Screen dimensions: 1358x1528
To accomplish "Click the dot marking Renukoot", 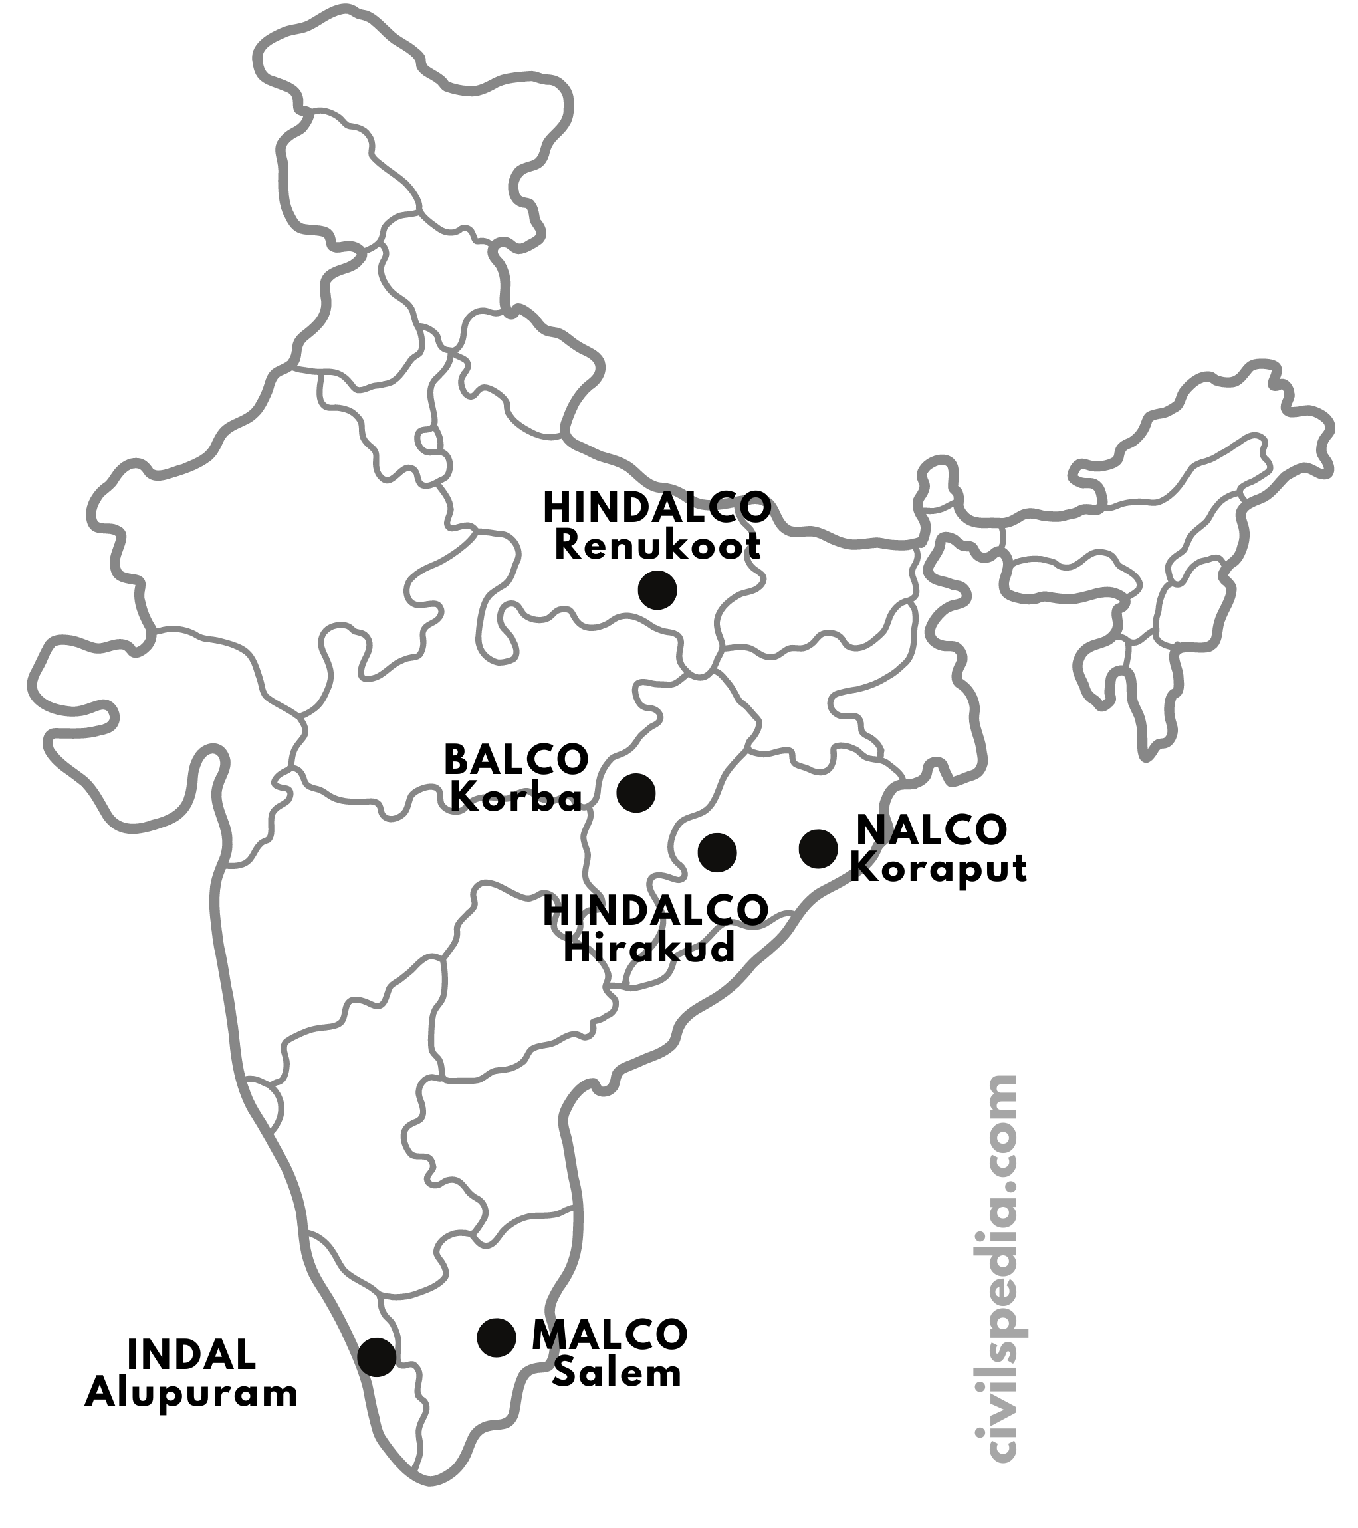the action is pyautogui.click(x=657, y=590).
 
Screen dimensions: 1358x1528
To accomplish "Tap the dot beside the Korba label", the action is pyautogui.click(x=636, y=793).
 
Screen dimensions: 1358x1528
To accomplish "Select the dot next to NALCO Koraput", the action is pyautogui.click(x=818, y=849).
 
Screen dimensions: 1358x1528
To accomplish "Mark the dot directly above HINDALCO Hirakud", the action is pyautogui.click(x=717, y=852).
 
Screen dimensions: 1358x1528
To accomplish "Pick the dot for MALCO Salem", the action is pyautogui.click(x=497, y=1337).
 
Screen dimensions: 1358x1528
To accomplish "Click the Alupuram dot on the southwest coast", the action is pyautogui.click(x=377, y=1357).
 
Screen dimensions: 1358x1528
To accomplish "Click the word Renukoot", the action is pyautogui.click(x=657, y=547).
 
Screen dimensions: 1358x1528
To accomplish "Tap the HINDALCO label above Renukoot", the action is pyautogui.click(x=657, y=509).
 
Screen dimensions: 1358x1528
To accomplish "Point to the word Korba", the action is pyautogui.click(x=516, y=799).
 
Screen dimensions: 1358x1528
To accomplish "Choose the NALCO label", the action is pyautogui.click(x=932, y=830).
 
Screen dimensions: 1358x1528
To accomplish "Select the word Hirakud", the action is pyautogui.click(x=649, y=950).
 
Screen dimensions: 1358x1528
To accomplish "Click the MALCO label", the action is pyautogui.click(x=610, y=1335).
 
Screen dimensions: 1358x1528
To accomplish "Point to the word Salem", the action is pyautogui.click(x=617, y=1374).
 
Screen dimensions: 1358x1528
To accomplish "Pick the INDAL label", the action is pyautogui.click(x=192, y=1355).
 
